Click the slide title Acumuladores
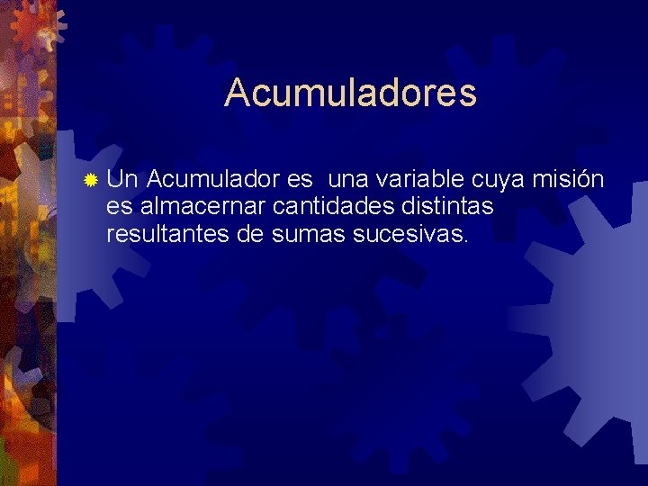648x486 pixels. tap(350, 92)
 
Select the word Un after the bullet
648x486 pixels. tap(121, 179)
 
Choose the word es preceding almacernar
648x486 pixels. tap(119, 208)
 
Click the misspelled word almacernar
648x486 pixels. tap(202, 206)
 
